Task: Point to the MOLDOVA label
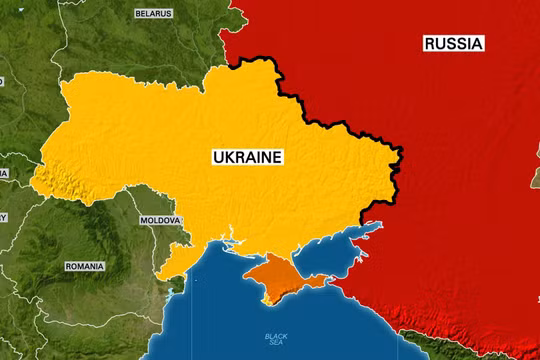(x=160, y=220)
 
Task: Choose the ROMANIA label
(x=84, y=267)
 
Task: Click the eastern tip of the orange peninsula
(x=326, y=279)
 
